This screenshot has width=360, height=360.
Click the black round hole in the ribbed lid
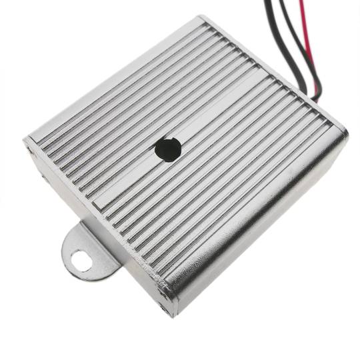(167, 150)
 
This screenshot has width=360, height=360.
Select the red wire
(308, 40)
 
